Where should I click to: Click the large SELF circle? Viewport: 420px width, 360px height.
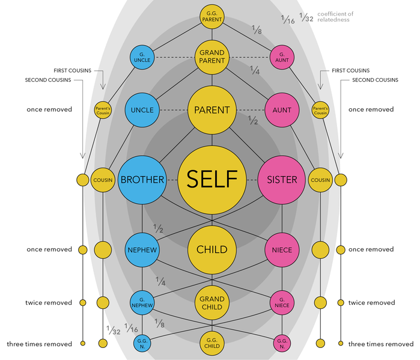(x=212, y=180)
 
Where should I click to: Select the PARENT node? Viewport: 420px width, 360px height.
(x=212, y=110)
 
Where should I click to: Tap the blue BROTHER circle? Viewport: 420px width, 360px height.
(x=142, y=180)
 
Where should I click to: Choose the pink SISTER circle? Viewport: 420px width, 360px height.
(x=282, y=180)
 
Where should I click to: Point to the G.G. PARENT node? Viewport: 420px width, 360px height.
(x=212, y=17)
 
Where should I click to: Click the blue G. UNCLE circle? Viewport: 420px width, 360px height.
(x=142, y=57)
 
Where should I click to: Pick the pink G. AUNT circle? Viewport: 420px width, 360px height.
(x=282, y=57)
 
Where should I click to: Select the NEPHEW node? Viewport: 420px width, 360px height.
(x=142, y=250)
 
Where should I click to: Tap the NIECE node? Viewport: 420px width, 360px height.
(x=282, y=250)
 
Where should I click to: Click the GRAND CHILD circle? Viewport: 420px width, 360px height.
(x=212, y=303)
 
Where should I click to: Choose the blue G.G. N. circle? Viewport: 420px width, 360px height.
(x=142, y=343)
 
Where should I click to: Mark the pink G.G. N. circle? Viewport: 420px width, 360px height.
(x=282, y=343)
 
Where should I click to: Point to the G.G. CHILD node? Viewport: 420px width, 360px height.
(x=212, y=343)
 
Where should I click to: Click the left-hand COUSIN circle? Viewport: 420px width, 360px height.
(x=103, y=180)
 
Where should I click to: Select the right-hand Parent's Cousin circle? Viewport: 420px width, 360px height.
(x=320, y=110)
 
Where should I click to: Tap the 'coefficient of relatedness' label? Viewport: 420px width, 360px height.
(x=335, y=17)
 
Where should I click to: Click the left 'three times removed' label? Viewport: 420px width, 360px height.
(x=40, y=344)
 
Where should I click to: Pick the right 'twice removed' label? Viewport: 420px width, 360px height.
(x=371, y=302)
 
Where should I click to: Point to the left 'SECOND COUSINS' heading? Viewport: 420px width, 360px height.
(x=48, y=80)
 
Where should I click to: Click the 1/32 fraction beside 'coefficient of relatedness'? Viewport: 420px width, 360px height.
(x=306, y=17)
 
